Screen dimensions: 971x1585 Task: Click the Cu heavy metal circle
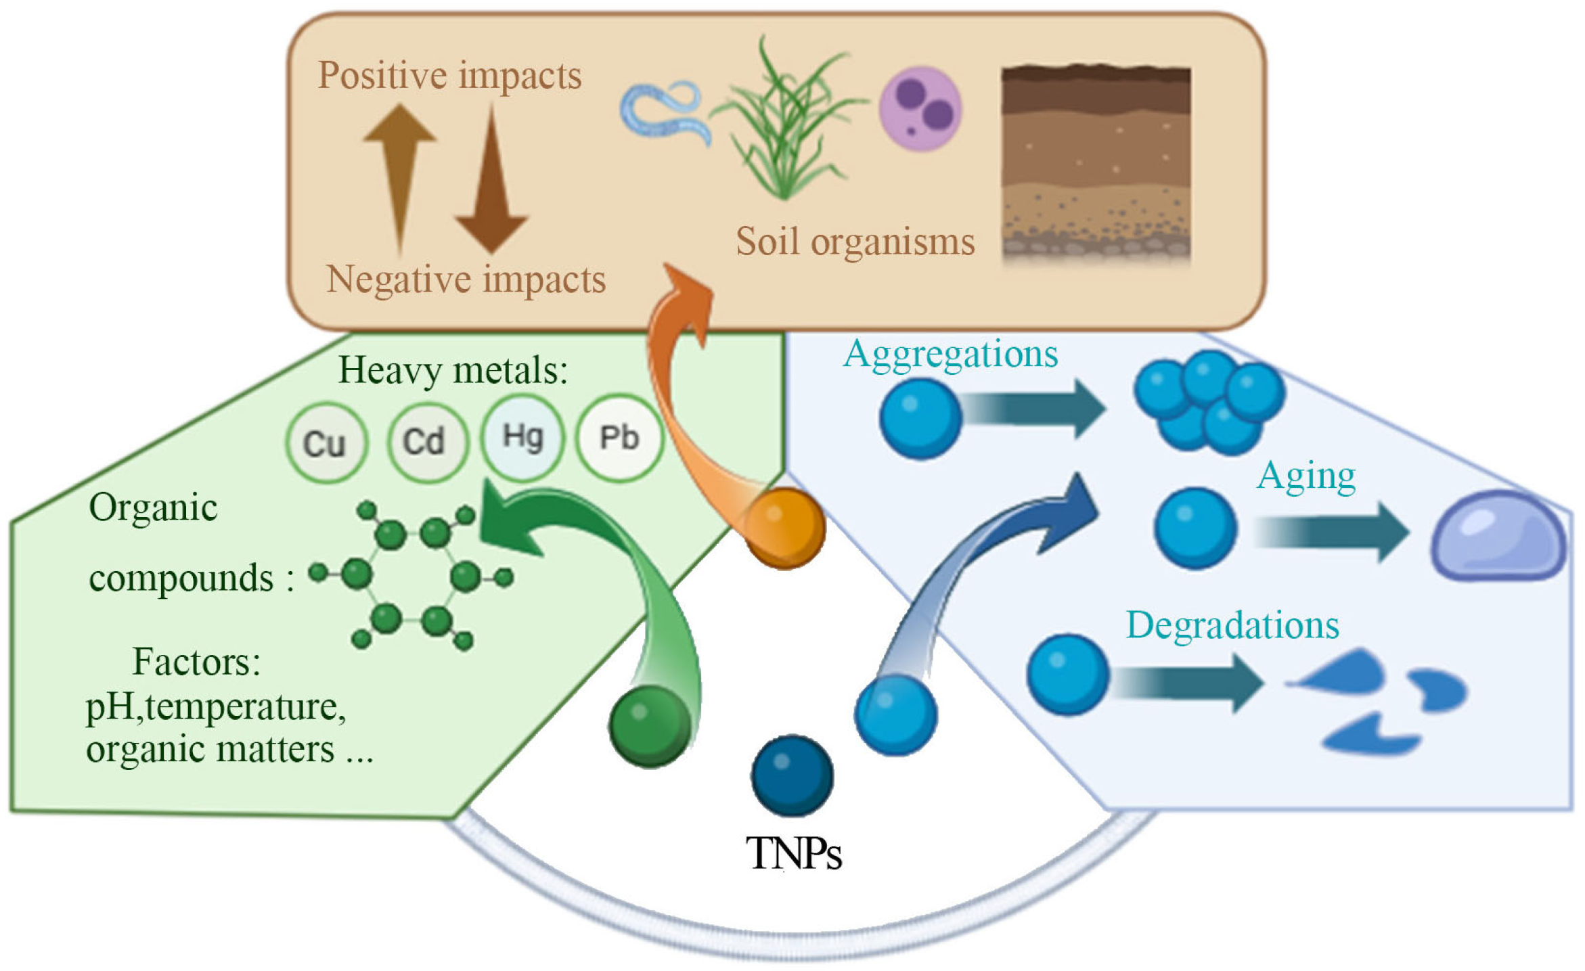pos(326,443)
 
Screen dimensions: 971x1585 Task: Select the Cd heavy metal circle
pos(426,441)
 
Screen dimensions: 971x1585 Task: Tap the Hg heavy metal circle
pos(522,437)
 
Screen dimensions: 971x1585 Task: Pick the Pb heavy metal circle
pos(619,437)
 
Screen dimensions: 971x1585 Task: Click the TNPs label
pos(793,854)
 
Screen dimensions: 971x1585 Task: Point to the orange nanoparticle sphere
pos(785,527)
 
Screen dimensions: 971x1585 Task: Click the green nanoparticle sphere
pos(650,725)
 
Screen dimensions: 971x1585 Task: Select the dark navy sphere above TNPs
pos(792,775)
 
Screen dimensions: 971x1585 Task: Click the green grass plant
pos(785,122)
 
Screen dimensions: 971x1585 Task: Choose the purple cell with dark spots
pos(920,108)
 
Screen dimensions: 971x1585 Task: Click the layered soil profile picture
pos(1096,162)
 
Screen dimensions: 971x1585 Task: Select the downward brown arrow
pos(492,183)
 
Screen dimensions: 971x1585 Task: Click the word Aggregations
pos(950,354)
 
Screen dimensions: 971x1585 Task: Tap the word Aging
pos(1306,476)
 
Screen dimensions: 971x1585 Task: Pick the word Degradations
pos(1232,625)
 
